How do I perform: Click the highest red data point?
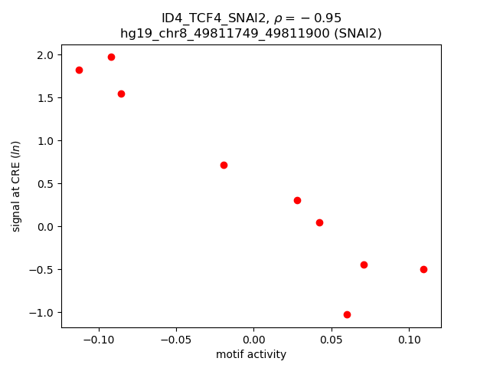click(x=111, y=57)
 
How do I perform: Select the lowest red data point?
click(x=347, y=314)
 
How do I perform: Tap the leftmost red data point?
click(x=79, y=70)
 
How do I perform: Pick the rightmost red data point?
click(x=423, y=269)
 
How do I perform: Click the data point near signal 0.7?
click(x=224, y=165)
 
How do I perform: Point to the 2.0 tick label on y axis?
click(x=45, y=55)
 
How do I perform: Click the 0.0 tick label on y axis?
click(x=45, y=227)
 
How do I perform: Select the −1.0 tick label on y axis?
click(x=41, y=313)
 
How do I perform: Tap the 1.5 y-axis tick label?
click(x=45, y=98)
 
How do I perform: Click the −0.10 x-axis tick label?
click(x=97, y=340)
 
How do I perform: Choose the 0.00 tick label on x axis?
click(x=253, y=340)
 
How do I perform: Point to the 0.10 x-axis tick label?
click(x=409, y=340)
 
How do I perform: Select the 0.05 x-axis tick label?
click(x=331, y=340)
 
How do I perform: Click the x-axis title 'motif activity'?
click(x=251, y=354)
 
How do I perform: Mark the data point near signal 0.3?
click(x=297, y=200)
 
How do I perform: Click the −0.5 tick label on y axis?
click(x=41, y=270)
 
